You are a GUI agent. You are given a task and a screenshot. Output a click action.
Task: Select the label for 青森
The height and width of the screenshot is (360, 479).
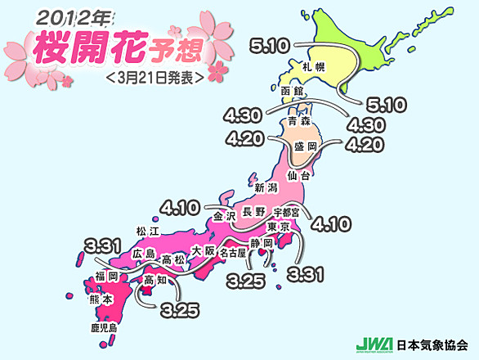[x=298, y=121]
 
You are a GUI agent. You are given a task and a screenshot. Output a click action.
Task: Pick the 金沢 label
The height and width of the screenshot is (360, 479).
[x=225, y=217]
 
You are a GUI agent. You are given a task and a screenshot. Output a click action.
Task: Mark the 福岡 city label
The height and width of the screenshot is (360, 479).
[x=106, y=277]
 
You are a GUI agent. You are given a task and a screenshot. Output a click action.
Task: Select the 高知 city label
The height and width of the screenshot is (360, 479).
[x=155, y=281]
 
